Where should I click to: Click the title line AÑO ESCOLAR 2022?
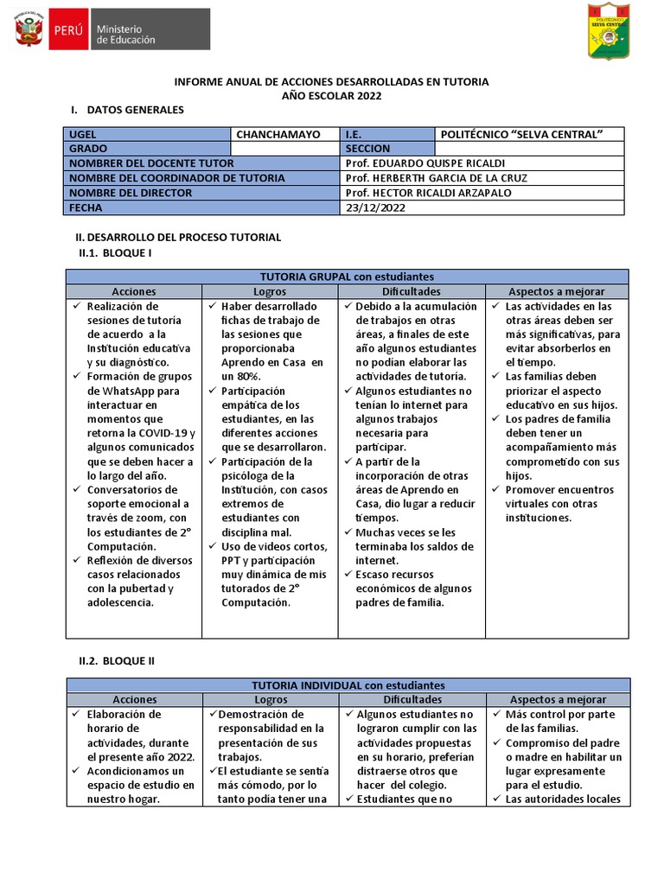(332, 96)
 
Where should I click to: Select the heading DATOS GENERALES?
(136, 111)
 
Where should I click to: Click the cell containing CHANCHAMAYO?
(278, 134)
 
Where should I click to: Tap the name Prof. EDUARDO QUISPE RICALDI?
(425, 163)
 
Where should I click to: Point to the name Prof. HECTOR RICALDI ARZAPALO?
(428, 193)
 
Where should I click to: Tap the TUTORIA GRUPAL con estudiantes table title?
(348, 277)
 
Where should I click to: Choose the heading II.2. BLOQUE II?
(117, 660)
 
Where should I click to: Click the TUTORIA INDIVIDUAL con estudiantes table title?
(348, 685)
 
